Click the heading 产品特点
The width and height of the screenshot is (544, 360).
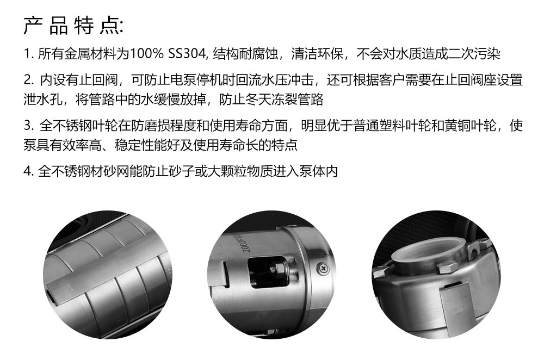coord(72,26)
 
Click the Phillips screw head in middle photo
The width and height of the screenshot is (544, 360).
coord(322,268)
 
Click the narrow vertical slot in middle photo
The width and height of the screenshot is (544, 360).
coord(224,274)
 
